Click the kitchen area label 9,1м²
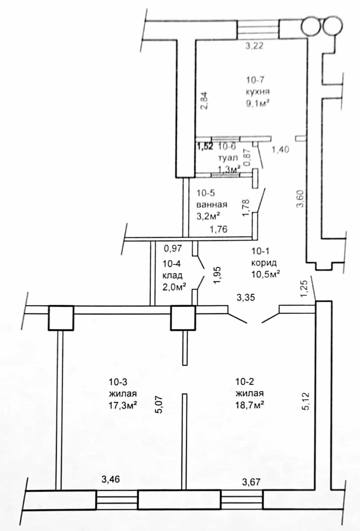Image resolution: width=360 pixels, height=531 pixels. tap(258, 104)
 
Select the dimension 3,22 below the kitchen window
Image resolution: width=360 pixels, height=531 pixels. tap(254, 46)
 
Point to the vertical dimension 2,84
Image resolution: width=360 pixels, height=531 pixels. tap(204, 100)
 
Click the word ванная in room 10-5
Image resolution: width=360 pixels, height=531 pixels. tap(212, 204)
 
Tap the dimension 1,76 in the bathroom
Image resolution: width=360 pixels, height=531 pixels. tap(218, 229)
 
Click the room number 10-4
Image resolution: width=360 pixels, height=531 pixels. tap(172, 264)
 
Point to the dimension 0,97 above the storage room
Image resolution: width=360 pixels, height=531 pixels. tap(173, 248)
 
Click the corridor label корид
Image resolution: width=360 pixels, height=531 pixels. tap(264, 263)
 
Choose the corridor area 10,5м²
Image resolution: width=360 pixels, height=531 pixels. tap(266, 274)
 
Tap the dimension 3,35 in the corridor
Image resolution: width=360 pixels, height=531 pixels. tap(246, 297)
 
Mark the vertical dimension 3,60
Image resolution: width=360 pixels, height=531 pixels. tap(300, 199)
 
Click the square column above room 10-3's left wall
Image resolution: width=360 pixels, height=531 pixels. tap(61, 318)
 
